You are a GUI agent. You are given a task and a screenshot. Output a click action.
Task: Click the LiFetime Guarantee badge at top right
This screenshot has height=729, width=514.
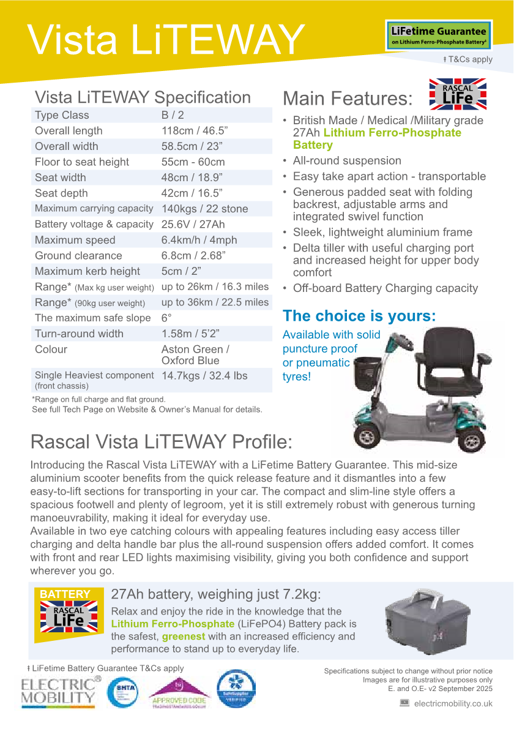[x=438, y=36]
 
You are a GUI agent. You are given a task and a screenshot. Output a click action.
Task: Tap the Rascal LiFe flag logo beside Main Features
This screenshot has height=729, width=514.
[x=457, y=94]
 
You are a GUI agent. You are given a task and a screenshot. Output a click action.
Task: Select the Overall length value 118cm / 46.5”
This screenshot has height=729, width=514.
[x=193, y=131]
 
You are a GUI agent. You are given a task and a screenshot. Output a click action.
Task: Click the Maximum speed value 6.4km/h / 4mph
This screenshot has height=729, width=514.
[x=199, y=240]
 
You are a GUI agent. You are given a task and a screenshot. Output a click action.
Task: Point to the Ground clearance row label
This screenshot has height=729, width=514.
[x=78, y=256]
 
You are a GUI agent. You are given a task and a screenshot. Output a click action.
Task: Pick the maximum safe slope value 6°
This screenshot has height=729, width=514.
[x=166, y=318]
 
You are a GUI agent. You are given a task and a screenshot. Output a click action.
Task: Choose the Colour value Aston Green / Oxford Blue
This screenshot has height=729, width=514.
[x=195, y=355]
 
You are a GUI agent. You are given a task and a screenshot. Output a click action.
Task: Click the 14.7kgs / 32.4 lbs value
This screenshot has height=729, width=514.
[x=204, y=376]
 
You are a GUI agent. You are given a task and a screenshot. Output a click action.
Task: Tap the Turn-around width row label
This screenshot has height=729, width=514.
[x=79, y=334]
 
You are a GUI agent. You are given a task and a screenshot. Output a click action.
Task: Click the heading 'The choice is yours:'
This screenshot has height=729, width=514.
[x=359, y=316]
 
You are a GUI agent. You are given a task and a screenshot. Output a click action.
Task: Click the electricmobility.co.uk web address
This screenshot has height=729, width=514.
[x=453, y=704]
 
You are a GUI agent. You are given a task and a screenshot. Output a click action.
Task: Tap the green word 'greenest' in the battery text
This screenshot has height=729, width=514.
[x=184, y=637]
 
